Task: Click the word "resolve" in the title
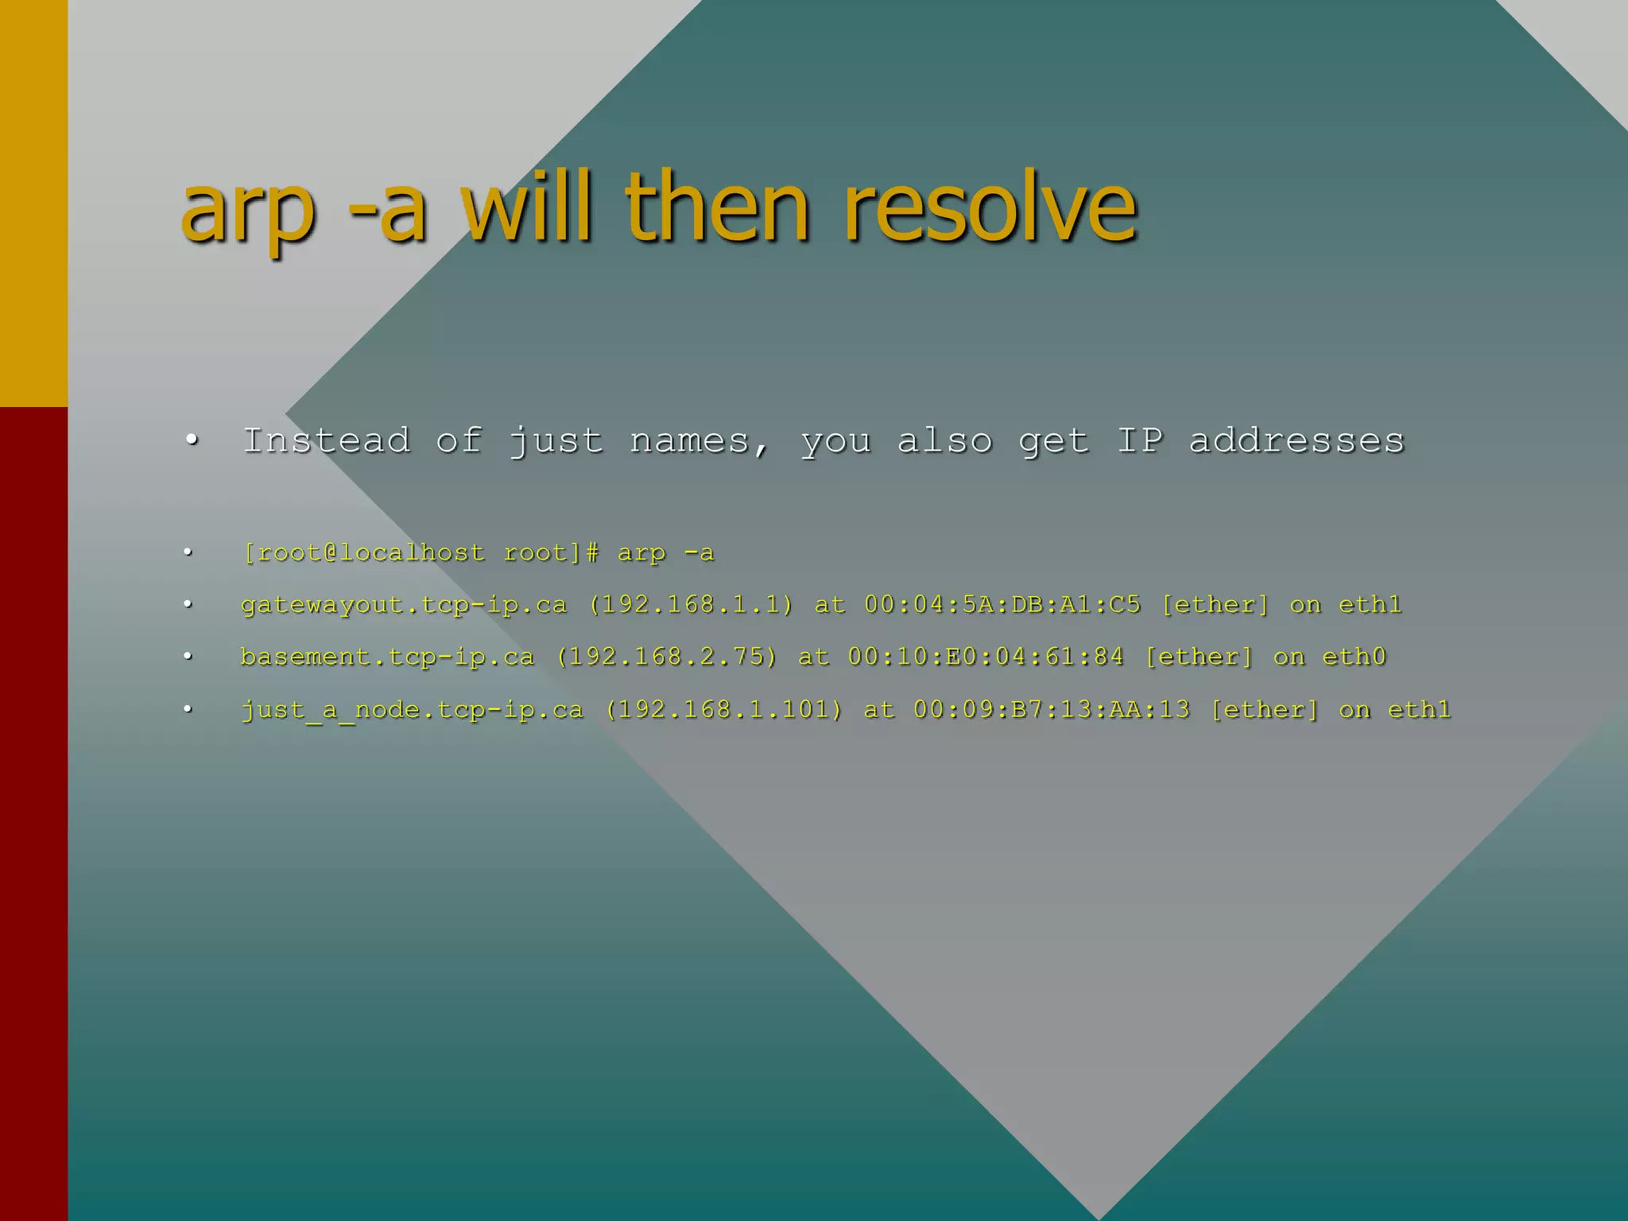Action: [990, 208]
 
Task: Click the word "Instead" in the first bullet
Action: [327, 440]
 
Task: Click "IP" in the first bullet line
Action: [1140, 440]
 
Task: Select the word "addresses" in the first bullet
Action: [1297, 441]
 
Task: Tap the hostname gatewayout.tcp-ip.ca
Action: [404, 605]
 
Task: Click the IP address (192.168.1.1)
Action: [691, 605]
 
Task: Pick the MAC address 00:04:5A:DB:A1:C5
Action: [1002, 605]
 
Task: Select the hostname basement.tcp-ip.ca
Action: [387, 657]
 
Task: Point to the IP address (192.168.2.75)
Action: [666, 657]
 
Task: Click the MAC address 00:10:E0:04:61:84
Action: [986, 657]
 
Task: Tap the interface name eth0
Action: [1354, 657]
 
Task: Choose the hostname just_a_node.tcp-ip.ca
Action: [412, 710]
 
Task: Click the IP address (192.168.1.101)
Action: [723, 710]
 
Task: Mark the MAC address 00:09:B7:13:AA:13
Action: [1051, 710]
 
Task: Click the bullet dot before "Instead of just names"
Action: [190, 440]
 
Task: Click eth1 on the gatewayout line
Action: [1370, 605]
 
